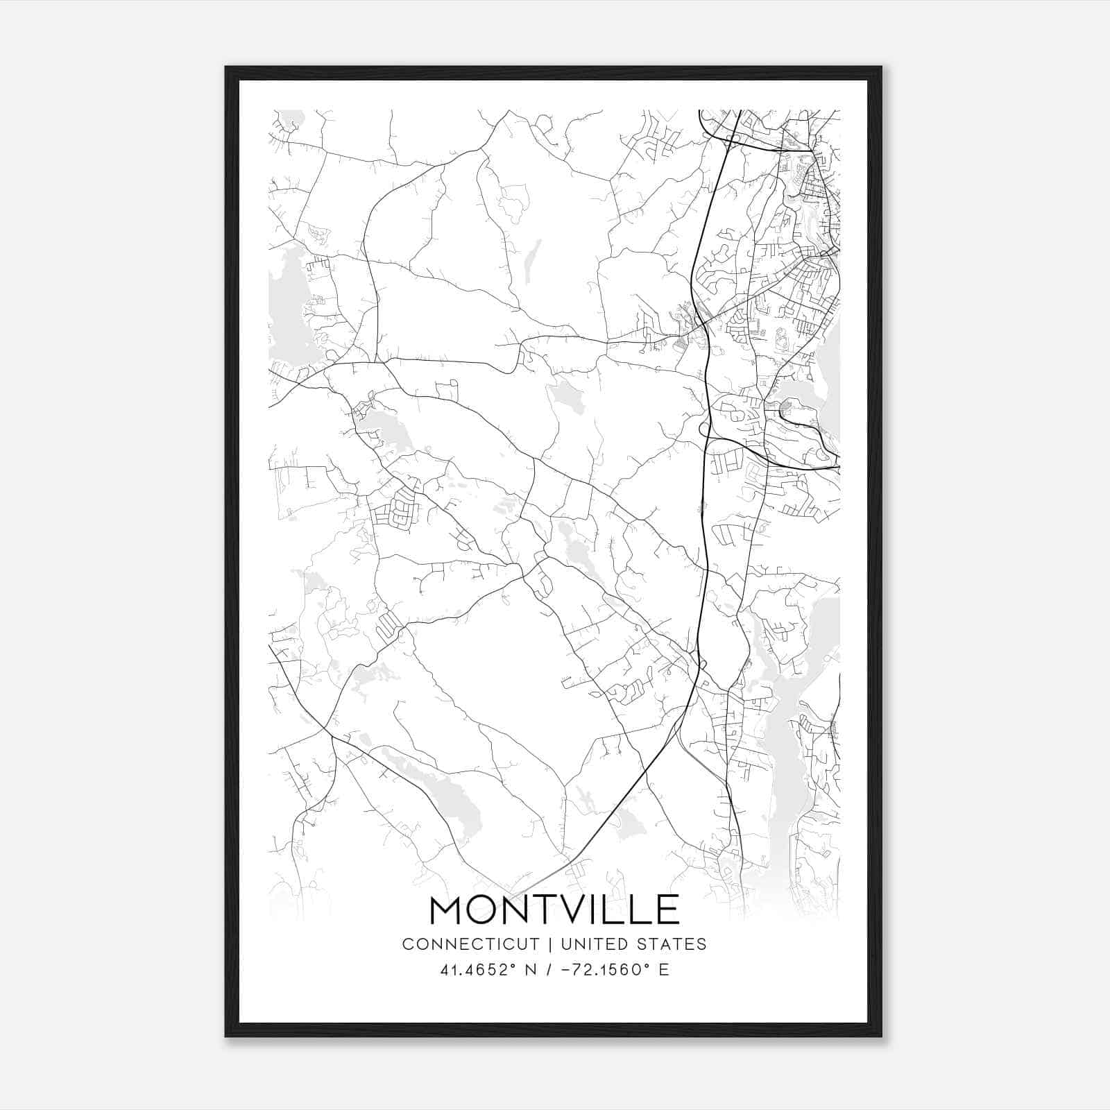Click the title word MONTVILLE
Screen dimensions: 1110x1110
click(x=554, y=910)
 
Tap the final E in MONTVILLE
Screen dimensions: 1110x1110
click(x=667, y=910)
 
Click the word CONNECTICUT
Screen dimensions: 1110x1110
click(x=470, y=943)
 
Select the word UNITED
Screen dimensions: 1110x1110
click(x=593, y=943)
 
